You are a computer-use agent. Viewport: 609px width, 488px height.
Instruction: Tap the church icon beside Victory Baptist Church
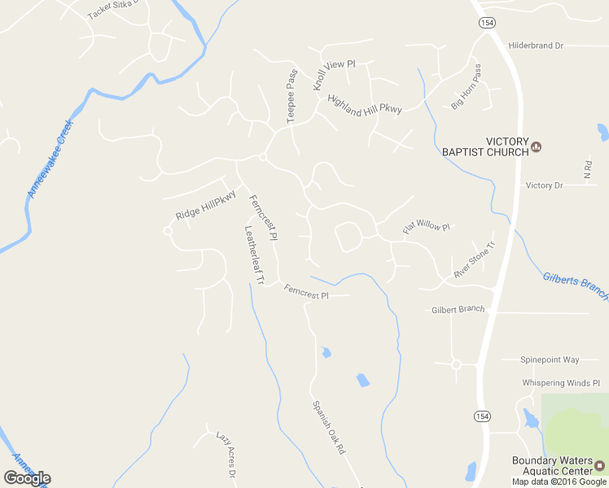(x=537, y=147)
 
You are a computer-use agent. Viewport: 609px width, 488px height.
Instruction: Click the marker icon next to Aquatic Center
(x=600, y=466)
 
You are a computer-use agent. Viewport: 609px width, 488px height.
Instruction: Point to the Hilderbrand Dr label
(x=536, y=46)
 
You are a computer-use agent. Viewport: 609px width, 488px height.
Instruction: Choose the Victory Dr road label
(x=545, y=185)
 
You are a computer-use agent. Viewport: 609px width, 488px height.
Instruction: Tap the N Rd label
(x=588, y=169)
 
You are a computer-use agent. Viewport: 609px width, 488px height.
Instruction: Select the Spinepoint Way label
(x=550, y=359)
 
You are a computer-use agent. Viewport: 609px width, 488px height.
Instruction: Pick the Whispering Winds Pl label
(x=560, y=382)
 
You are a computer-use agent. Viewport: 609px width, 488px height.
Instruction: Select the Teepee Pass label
(x=291, y=97)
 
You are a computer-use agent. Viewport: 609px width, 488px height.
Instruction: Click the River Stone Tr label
(x=474, y=261)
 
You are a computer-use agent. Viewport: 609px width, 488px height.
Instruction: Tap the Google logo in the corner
(x=27, y=478)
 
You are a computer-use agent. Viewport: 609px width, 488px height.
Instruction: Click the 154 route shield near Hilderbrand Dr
(x=487, y=22)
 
